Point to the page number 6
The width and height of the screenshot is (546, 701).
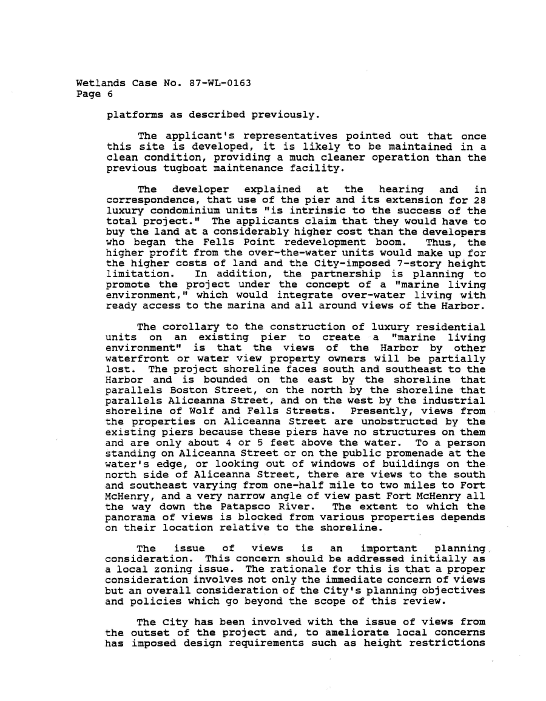click(x=109, y=95)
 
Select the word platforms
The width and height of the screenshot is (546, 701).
click(x=132, y=114)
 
